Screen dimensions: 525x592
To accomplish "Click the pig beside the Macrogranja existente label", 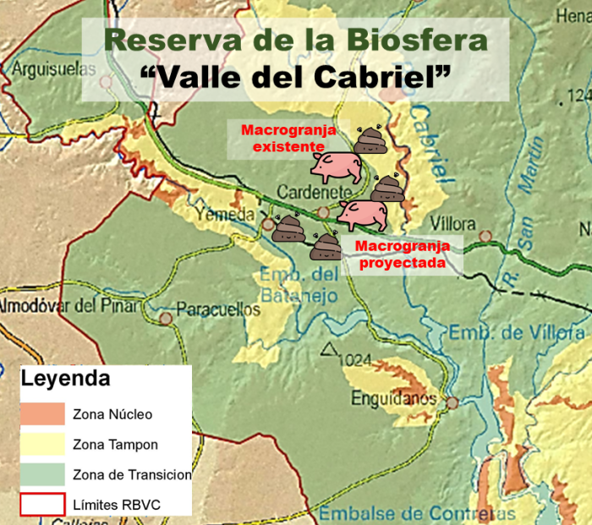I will tap(336, 166).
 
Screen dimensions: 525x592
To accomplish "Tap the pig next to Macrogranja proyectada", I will tap(364, 214).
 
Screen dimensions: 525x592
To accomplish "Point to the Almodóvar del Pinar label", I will tap(68, 305).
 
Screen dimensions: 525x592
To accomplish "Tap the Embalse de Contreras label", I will tap(406, 513).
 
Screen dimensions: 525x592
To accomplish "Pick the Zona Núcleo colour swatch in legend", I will tap(42, 413).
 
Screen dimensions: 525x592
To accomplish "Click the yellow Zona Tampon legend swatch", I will tap(42, 444).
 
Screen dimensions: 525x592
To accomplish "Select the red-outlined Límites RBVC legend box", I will tap(42, 504).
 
